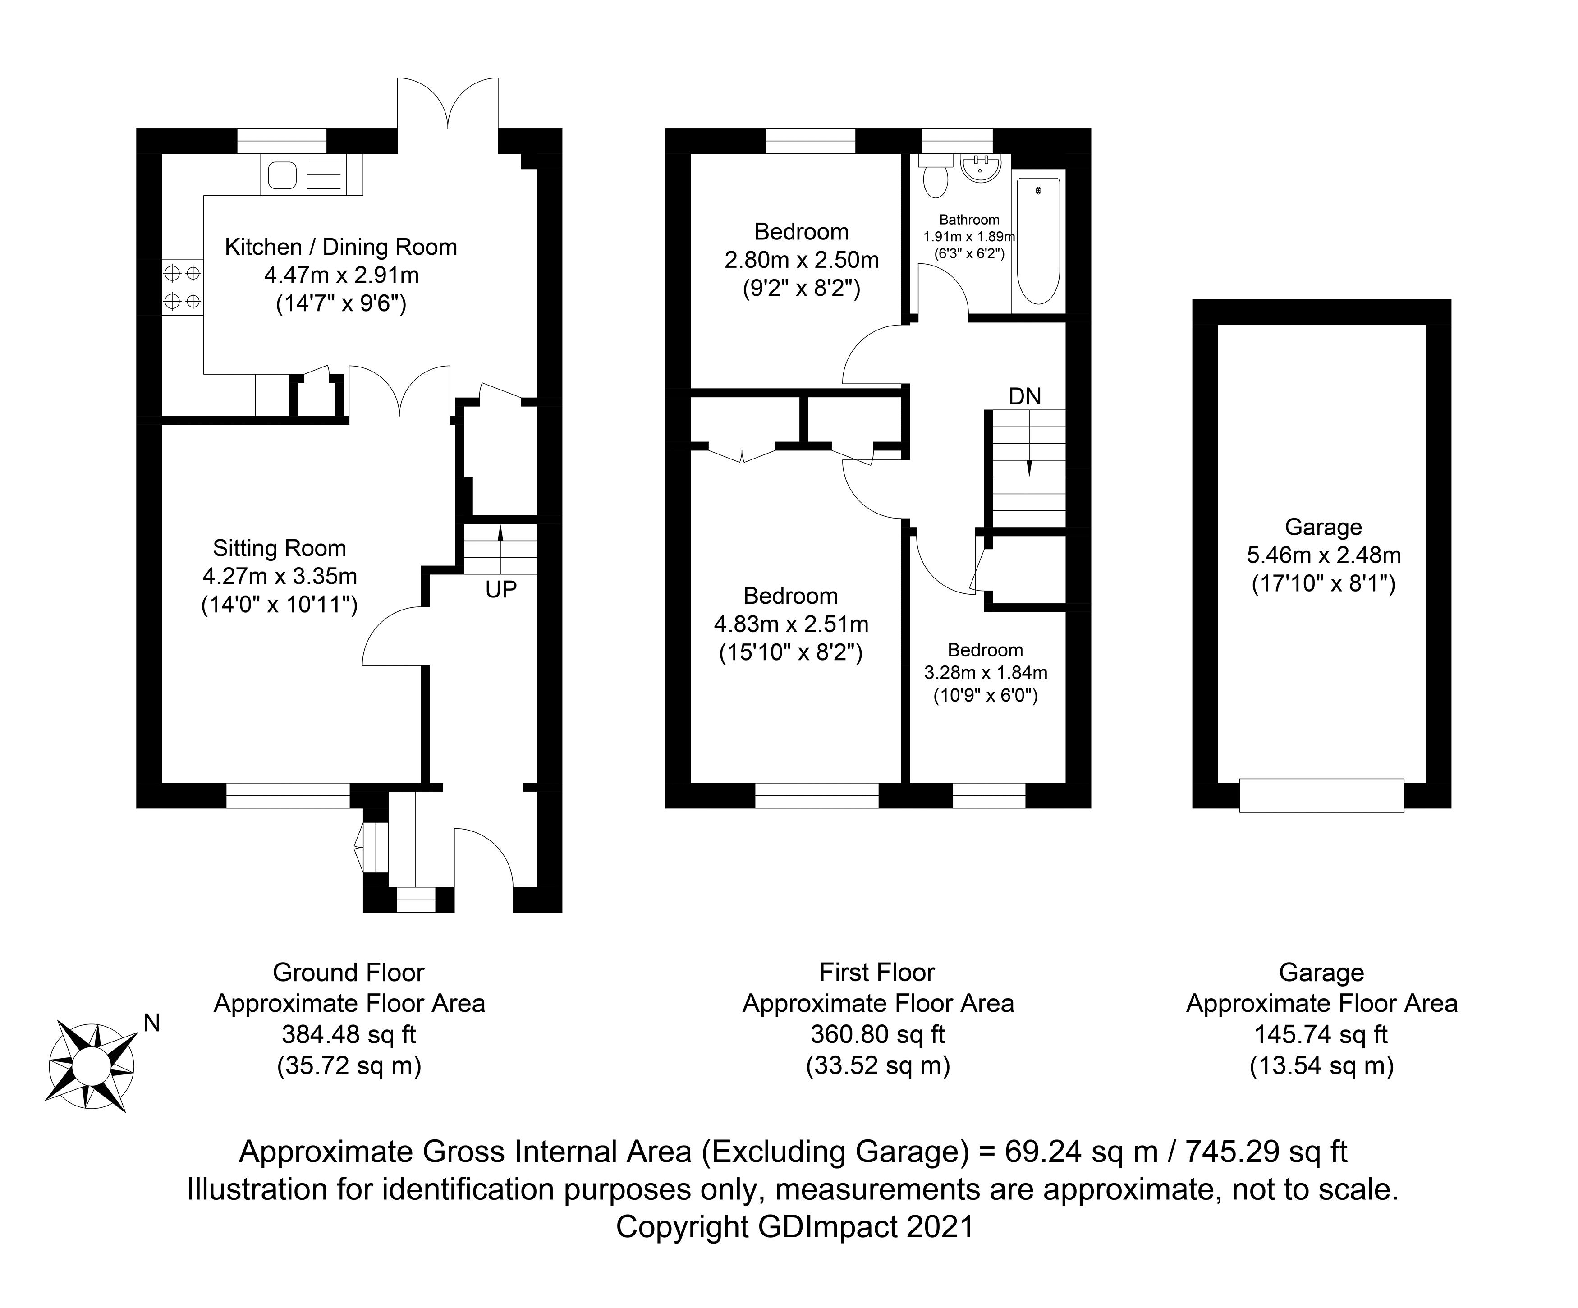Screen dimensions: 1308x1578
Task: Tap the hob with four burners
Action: pyautogui.click(x=182, y=286)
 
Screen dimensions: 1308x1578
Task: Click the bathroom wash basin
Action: pyautogui.click(x=980, y=168)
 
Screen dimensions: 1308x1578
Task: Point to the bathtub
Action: pyautogui.click(x=1038, y=240)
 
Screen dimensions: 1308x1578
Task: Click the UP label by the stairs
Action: pyautogui.click(x=500, y=590)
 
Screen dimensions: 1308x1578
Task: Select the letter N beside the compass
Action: pyautogui.click(x=152, y=1023)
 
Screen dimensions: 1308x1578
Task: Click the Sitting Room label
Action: pyautogui.click(x=280, y=548)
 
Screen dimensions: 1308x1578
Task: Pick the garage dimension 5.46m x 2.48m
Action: pyautogui.click(x=1323, y=555)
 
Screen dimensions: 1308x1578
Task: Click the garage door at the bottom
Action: pyautogui.click(x=1321, y=795)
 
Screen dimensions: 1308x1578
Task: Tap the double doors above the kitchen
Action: pyautogui.click(x=448, y=105)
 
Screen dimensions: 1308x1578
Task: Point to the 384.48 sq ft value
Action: pyautogui.click(x=349, y=1034)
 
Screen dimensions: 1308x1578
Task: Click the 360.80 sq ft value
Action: pyautogui.click(x=877, y=1034)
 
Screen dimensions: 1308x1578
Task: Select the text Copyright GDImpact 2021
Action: pyautogui.click(x=794, y=1227)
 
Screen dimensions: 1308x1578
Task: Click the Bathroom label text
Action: pyautogui.click(x=969, y=220)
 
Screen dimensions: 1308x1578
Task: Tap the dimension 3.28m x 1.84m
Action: pyautogui.click(x=985, y=672)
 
